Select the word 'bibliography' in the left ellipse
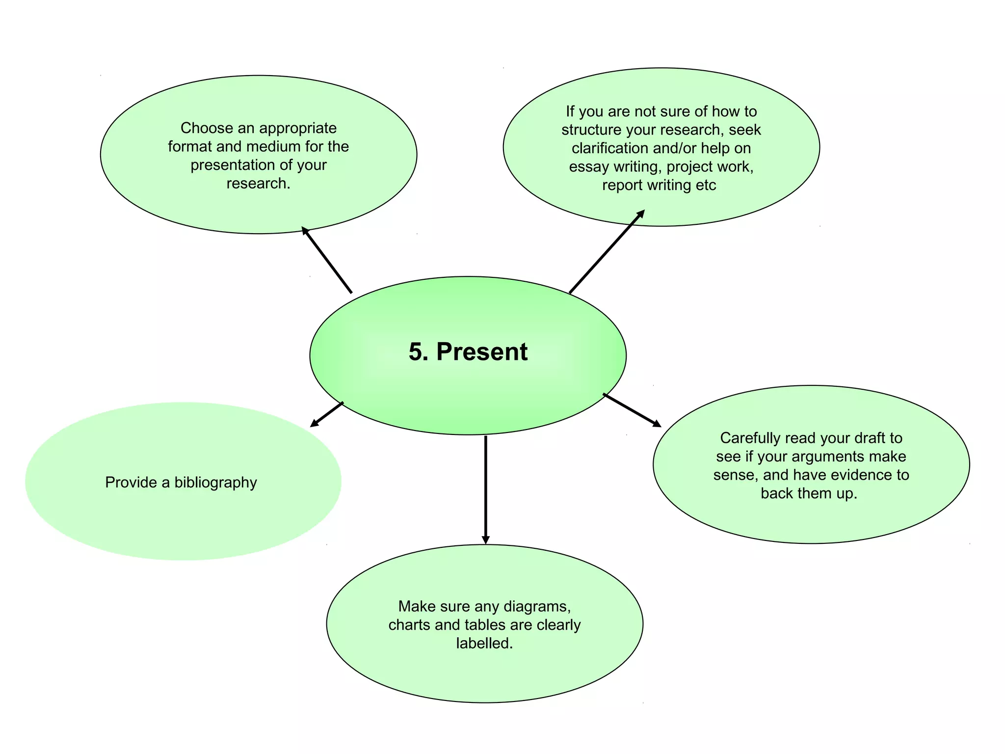[x=215, y=483]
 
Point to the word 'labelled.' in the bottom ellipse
[x=484, y=643]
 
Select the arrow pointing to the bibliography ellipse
[x=327, y=414]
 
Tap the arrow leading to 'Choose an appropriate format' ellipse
[x=327, y=260]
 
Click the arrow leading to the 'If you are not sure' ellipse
[x=607, y=252]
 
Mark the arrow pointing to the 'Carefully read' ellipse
[x=632, y=410]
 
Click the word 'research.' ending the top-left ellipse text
[x=258, y=184]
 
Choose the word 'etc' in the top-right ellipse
[x=706, y=186]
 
